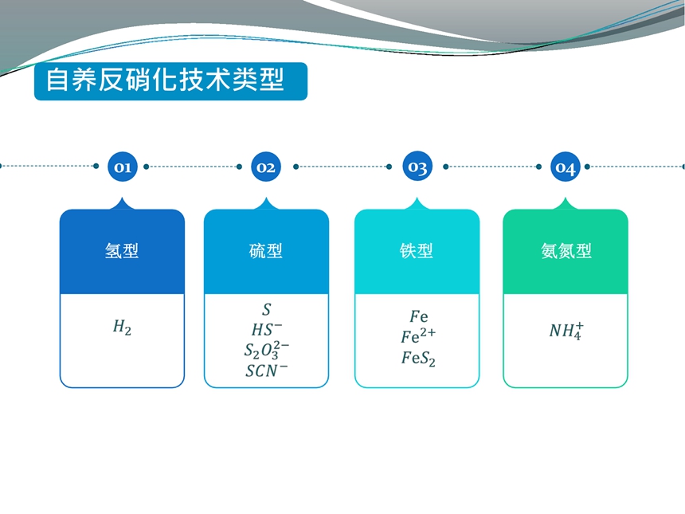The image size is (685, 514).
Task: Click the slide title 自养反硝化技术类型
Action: (x=165, y=80)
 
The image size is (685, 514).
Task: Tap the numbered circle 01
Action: (x=123, y=167)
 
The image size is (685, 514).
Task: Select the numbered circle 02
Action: (x=265, y=167)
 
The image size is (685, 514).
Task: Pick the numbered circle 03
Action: (x=417, y=166)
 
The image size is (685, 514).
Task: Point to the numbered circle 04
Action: (x=565, y=167)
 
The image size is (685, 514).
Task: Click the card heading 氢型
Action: (x=122, y=251)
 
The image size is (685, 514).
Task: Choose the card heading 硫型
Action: (x=265, y=251)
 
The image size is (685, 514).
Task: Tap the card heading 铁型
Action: (x=417, y=251)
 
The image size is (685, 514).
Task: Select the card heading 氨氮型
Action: (x=566, y=251)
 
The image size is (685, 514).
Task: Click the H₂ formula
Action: (x=122, y=327)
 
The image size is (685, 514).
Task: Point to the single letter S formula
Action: (x=267, y=309)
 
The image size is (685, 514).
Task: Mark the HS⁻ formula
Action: (x=267, y=330)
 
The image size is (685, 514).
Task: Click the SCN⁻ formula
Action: (x=267, y=371)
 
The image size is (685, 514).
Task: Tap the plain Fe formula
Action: (x=418, y=316)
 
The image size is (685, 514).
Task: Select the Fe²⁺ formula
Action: (x=418, y=335)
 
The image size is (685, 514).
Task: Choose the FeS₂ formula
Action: (x=418, y=359)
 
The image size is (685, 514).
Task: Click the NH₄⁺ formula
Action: (x=566, y=331)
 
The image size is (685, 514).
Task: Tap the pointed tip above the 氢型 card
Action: (x=122, y=198)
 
